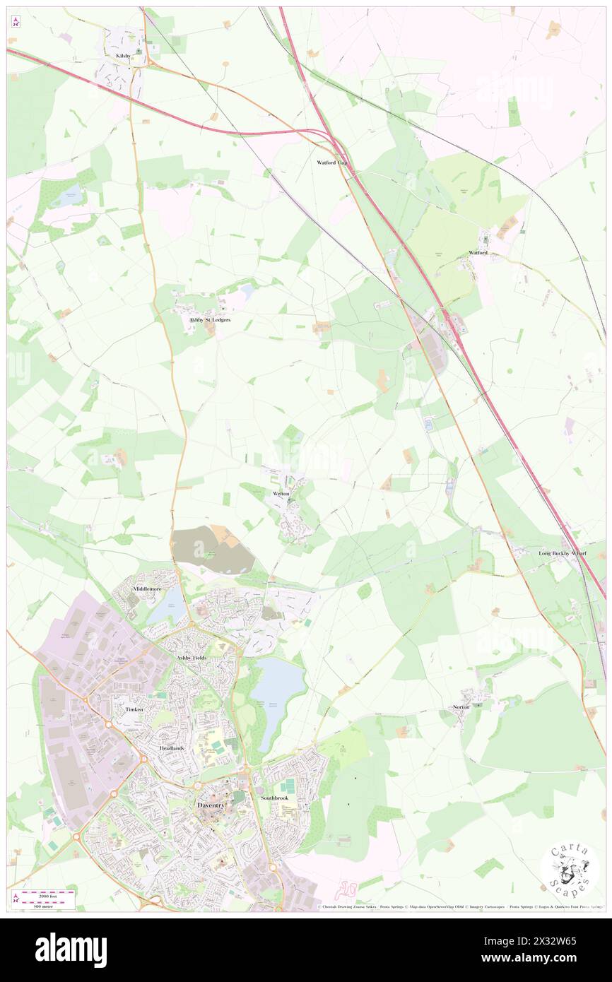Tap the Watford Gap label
[x=331, y=162]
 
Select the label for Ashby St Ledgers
[x=210, y=320]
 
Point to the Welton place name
[x=281, y=494]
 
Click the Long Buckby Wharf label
[x=563, y=553]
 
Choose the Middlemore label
[x=149, y=588]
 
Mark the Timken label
[x=134, y=709]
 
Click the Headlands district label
[x=172, y=748]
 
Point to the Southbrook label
[x=274, y=798]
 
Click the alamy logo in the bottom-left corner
[x=71, y=950]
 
